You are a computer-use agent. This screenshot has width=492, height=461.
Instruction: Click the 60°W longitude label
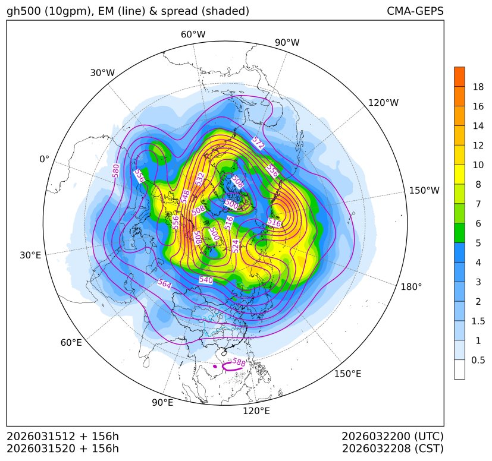(x=193, y=34)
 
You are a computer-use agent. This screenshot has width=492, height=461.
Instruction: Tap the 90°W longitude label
(x=287, y=42)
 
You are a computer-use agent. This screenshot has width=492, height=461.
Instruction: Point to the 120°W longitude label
(x=383, y=103)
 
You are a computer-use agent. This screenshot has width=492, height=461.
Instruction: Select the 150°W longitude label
(x=424, y=191)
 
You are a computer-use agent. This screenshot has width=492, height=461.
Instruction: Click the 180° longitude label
(x=411, y=286)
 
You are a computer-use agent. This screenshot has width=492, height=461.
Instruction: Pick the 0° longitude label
(x=44, y=159)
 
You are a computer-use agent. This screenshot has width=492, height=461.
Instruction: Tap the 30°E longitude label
(x=30, y=255)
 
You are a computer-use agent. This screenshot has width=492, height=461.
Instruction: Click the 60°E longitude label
(x=71, y=343)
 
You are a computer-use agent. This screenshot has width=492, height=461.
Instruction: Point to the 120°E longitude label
(x=256, y=411)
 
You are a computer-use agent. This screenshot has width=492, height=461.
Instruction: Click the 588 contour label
(x=239, y=362)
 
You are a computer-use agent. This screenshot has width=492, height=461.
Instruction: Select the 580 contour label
(x=116, y=170)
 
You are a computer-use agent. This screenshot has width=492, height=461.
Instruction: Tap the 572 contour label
(x=258, y=143)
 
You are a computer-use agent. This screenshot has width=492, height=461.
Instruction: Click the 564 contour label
(x=165, y=285)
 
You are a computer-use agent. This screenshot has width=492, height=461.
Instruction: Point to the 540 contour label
(x=206, y=279)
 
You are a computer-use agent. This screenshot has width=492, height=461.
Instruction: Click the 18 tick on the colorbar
(x=478, y=87)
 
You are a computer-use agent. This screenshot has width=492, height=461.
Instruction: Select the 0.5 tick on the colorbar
(x=478, y=360)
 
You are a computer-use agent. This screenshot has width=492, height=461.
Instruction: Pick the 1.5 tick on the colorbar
(x=478, y=321)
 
